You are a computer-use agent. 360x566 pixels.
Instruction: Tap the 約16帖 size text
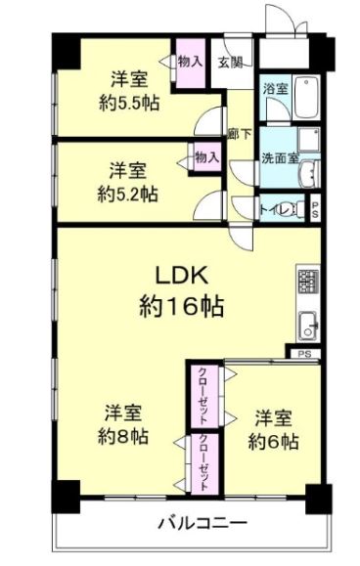[x=181, y=307]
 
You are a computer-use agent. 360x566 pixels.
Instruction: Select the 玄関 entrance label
[x=230, y=63]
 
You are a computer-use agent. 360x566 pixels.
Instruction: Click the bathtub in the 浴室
[x=306, y=98]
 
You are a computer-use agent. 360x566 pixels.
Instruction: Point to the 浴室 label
[x=276, y=88]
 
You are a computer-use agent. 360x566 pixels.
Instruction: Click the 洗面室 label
[x=280, y=158]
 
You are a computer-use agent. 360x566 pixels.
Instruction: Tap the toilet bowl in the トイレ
[x=296, y=209]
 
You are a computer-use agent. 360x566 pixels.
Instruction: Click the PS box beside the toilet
[x=315, y=209]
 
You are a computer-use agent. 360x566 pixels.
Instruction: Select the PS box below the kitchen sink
[x=304, y=354]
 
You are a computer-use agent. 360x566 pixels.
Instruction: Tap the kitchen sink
[x=308, y=326]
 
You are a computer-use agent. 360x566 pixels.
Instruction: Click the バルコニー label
[x=203, y=523]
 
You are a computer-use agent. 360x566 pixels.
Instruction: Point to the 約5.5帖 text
[x=129, y=104]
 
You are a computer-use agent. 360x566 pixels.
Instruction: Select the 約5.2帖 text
[x=127, y=195]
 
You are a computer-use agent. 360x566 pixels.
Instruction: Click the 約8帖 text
[x=123, y=437]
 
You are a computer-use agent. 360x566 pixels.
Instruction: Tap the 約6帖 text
[x=273, y=442]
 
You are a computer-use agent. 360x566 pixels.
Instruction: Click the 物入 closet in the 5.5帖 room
[x=191, y=63]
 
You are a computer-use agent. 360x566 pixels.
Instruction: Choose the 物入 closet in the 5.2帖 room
[x=207, y=157]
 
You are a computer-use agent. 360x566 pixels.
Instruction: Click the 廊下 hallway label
[x=240, y=134]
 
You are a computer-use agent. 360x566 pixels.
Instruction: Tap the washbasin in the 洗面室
[x=310, y=174]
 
